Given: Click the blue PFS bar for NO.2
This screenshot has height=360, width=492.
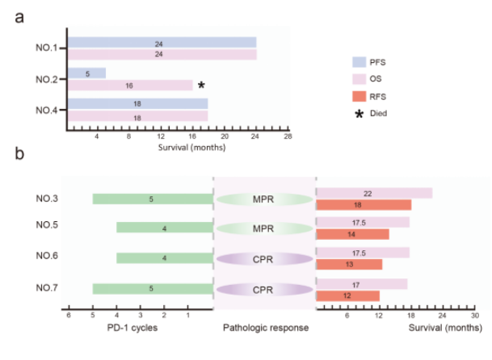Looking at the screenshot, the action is (87, 73).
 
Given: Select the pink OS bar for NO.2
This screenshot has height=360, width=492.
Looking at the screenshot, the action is (130, 86).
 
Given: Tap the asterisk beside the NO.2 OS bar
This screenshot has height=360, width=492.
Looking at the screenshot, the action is (201, 85).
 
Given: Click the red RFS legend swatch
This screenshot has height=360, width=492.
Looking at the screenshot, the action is (359, 97).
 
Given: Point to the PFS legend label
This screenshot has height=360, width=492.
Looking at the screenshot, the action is (377, 62).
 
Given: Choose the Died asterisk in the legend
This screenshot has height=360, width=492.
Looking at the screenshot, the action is (359, 114).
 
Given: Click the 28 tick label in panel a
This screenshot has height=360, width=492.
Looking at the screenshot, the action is (288, 136).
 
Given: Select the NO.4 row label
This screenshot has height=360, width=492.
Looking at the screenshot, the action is (46, 111).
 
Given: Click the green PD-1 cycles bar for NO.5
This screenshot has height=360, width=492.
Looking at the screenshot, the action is (165, 228).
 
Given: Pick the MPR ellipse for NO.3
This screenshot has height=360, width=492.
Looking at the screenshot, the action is (264, 199).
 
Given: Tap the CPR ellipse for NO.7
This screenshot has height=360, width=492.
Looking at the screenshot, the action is (264, 290).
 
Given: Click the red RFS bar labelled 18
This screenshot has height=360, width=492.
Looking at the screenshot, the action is (364, 205).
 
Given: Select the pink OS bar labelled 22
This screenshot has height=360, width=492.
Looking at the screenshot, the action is (374, 193).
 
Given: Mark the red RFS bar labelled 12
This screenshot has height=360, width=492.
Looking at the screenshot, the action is (347, 296).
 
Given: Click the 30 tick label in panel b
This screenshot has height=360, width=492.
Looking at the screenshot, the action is (475, 316).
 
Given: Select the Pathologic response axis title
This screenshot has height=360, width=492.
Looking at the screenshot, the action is (266, 328).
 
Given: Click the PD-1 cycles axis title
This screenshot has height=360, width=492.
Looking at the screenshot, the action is (132, 328).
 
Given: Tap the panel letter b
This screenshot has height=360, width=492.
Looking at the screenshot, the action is (19, 153).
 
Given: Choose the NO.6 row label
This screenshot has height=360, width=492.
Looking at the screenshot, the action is (47, 256).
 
